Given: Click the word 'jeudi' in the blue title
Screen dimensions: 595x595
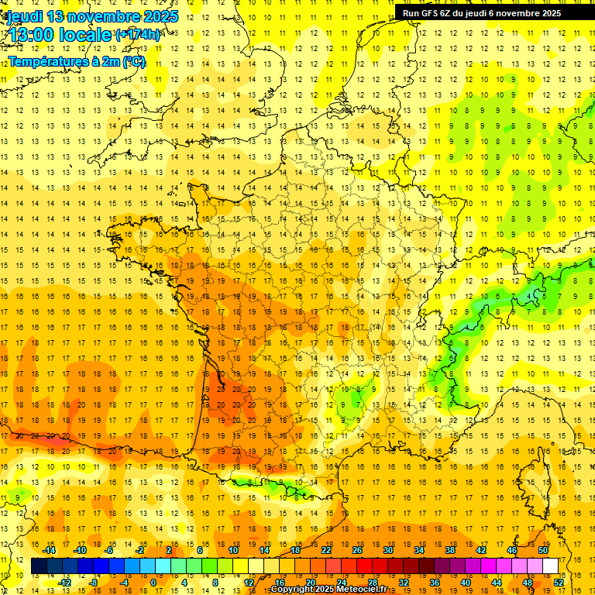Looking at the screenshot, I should point(22,16).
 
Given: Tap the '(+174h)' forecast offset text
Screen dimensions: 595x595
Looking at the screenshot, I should point(138,34).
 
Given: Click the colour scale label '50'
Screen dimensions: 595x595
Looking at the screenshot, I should point(542,550).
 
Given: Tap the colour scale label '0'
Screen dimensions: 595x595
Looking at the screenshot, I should point(153,583).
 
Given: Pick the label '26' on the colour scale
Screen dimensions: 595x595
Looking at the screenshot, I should point(357,550).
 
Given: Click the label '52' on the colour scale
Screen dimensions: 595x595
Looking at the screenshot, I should point(558,583).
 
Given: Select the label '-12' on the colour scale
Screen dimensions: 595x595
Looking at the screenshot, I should point(65,583).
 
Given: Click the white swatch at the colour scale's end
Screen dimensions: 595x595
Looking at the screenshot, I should point(550,566).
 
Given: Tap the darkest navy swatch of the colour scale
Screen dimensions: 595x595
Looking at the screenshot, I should point(39,566).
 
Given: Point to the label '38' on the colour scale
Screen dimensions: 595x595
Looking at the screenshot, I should point(450,550).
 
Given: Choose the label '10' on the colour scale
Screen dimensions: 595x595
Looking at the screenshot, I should point(233,550).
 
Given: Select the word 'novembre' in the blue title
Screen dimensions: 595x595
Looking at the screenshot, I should point(104,16).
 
